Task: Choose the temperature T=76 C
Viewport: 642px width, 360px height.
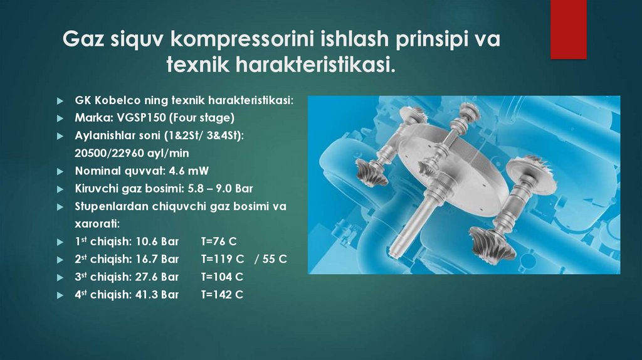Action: pyautogui.click(x=218, y=241)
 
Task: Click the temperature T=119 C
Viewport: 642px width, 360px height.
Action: pyautogui.click(x=222, y=259)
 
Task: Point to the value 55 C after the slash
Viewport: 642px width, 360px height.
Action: pyautogui.click(x=275, y=259)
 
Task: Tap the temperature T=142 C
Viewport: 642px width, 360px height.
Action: pyautogui.click(x=222, y=294)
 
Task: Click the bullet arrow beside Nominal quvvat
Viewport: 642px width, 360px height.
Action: pyautogui.click(x=60, y=171)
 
